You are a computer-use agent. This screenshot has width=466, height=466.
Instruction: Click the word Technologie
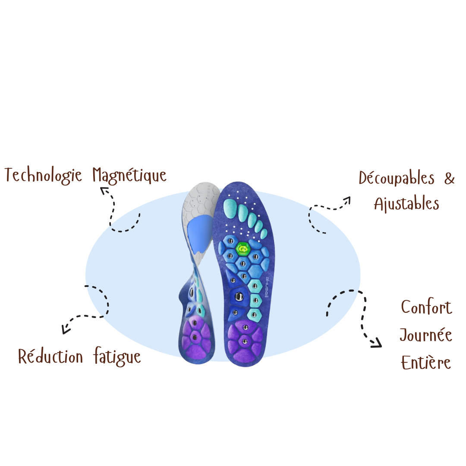tap(43, 175)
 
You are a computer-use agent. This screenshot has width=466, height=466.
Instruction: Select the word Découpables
tap(397, 178)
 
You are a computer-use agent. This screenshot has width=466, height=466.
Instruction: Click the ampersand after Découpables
tap(449, 178)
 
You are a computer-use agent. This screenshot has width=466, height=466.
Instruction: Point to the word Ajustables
tap(406, 204)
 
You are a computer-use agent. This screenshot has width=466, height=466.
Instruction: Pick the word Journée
tap(425, 335)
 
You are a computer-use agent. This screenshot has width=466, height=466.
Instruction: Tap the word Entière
tap(426, 362)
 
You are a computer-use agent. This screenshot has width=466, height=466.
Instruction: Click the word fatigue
tap(117, 357)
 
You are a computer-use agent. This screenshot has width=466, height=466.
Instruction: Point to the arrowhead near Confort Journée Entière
tap(377, 343)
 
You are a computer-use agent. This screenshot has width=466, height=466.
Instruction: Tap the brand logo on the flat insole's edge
tap(267, 287)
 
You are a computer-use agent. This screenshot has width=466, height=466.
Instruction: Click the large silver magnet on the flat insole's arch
tap(239, 296)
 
